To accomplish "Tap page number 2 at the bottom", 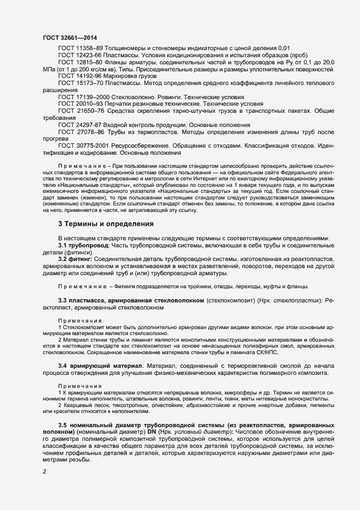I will tap(44, 472).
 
